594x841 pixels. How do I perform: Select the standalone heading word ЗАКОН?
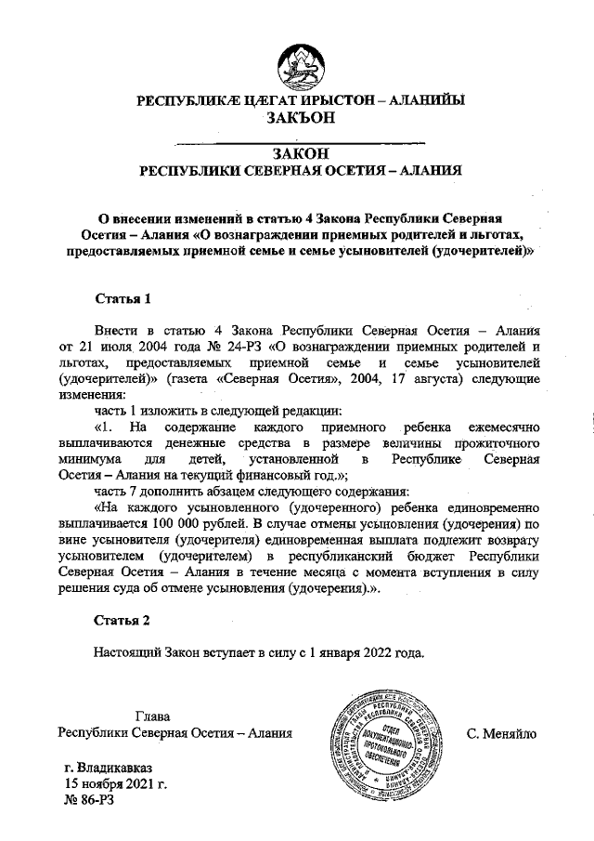297,153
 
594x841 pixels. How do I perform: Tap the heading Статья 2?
123,619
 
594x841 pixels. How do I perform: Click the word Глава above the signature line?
153,716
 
